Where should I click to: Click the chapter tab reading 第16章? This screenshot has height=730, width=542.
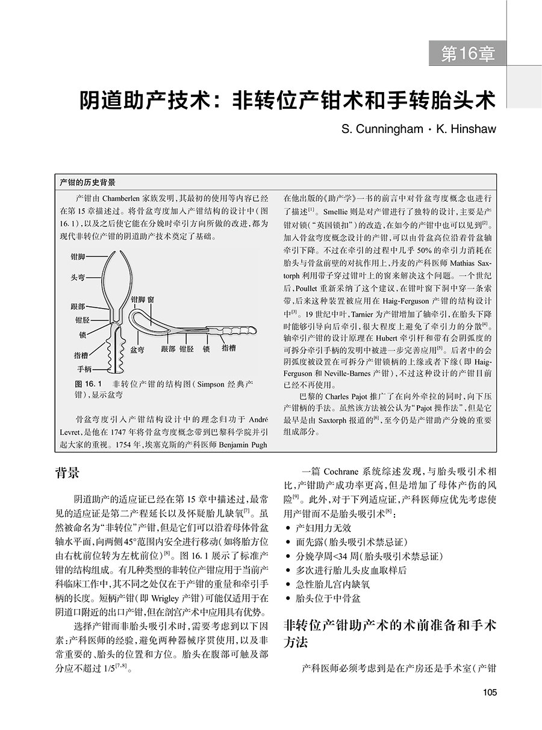click(468, 54)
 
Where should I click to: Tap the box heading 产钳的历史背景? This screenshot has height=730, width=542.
click(88, 182)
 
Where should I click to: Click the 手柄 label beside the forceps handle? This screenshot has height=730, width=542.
click(84, 368)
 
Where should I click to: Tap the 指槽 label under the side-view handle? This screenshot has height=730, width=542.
click(229, 348)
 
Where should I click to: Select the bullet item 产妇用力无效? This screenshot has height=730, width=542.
click(321, 528)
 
